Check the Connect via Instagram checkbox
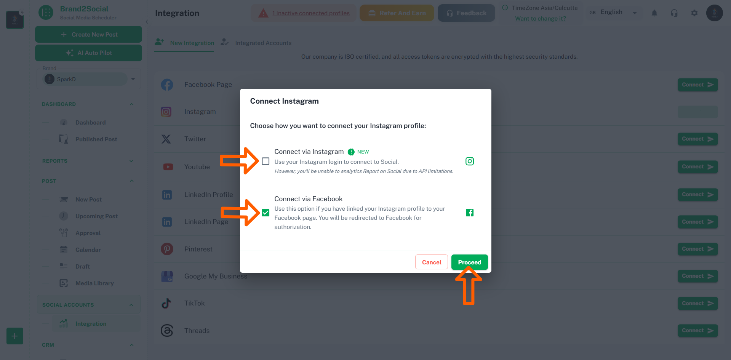[266, 161]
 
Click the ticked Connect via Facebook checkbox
[266, 213]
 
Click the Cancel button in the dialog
[431, 262]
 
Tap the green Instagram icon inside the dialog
[470, 161]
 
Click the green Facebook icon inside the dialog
[470, 213]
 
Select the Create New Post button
[88, 34]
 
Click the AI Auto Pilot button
[88, 53]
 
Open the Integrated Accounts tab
[263, 43]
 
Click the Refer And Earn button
[397, 13]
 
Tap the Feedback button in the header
[466, 13]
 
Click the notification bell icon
[654, 13]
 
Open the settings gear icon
[694, 13]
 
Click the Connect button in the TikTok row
[697, 303]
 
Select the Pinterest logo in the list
[167, 249]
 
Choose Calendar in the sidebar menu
[88, 250]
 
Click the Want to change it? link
[540, 19]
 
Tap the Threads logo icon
[167, 330]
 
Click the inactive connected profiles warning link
[311, 13]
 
